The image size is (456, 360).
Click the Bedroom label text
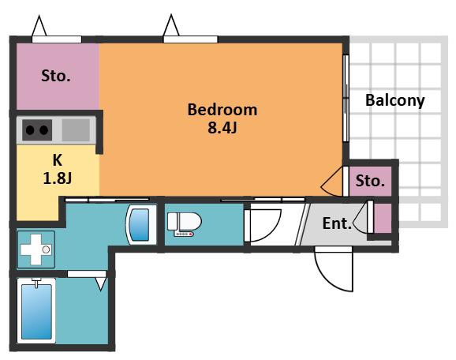tap(222, 110)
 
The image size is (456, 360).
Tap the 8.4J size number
tap(222, 127)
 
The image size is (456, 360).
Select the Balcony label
tap(395, 101)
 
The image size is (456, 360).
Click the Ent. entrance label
tap(337, 223)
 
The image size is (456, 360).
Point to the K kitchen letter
tap(58, 160)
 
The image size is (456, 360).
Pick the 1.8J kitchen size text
tap(58, 178)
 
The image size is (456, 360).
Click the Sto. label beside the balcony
tap(370, 181)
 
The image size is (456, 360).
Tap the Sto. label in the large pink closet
tap(56, 76)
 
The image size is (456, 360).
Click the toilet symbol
tap(184, 223)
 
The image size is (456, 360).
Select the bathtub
tap(36, 311)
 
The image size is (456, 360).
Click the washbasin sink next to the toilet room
tap(140, 224)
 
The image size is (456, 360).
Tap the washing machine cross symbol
tap(36, 249)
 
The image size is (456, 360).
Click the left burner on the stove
tap(30, 130)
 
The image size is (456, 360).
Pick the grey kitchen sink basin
tap(76, 130)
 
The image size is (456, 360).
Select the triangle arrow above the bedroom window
tap(171, 25)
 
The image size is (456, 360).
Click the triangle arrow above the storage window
tap(39, 25)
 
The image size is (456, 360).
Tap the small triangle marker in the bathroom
tap(101, 284)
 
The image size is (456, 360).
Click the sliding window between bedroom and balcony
tap(346, 98)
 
